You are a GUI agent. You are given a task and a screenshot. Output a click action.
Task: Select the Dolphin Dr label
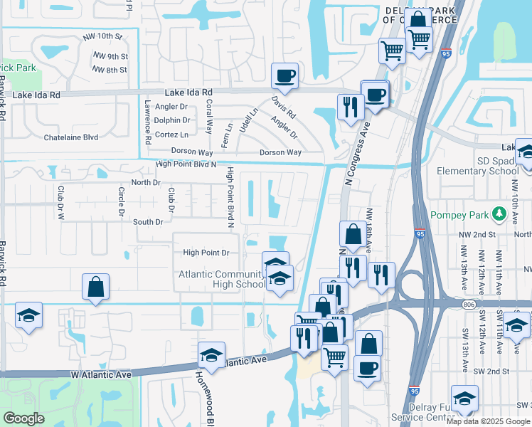pyautogui.click(x=171, y=120)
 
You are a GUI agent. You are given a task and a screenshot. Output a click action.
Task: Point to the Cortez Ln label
pyautogui.click(x=171, y=135)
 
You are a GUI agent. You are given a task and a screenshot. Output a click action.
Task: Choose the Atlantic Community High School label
pyautogui.click(x=221, y=280)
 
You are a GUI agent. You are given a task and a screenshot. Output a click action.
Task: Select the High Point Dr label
pyautogui.click(x=206, y=253)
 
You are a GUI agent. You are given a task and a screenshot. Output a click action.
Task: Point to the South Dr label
pyautogui.click(x=149, y=222)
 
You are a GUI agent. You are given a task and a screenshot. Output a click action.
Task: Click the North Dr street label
pyautogui.click(x=146, y=182)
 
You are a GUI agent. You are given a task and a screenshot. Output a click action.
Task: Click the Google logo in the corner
pyautogui.click(x=24, y=418)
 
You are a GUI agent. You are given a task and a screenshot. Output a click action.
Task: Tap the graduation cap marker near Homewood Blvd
pyautogui.click(x=211, y=354)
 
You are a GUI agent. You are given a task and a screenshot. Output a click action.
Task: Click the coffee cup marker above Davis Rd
pyautogui.click(x=284, y=75)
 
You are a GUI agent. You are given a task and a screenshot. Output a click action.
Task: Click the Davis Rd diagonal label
pyautogui.click(x=283, y=107)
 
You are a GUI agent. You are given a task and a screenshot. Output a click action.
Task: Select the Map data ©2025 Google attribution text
pyautogui.click(x=488, y=421)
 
